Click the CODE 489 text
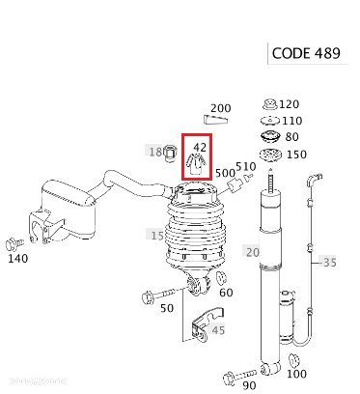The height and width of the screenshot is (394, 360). pyautogui.click(x=306, y=53)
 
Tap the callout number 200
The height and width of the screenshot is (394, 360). pyautogui.click(x=221, y=108)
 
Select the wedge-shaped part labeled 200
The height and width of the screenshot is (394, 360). pyautogui.click(x=216, y=119)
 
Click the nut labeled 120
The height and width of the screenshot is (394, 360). pyautogui.click(x=269, y=104)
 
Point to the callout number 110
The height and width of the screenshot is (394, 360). pyautogui.click(x=292, y=121)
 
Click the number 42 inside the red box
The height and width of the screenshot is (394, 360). pyautogui.click(x=200, y=147)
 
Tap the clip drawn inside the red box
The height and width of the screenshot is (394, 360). pyautogui.click(x=196, y=164)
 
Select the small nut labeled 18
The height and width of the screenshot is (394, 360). pyautogui.click(x=170, y=153)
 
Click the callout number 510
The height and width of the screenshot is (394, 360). pyautogui.click(x=246, y=166)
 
